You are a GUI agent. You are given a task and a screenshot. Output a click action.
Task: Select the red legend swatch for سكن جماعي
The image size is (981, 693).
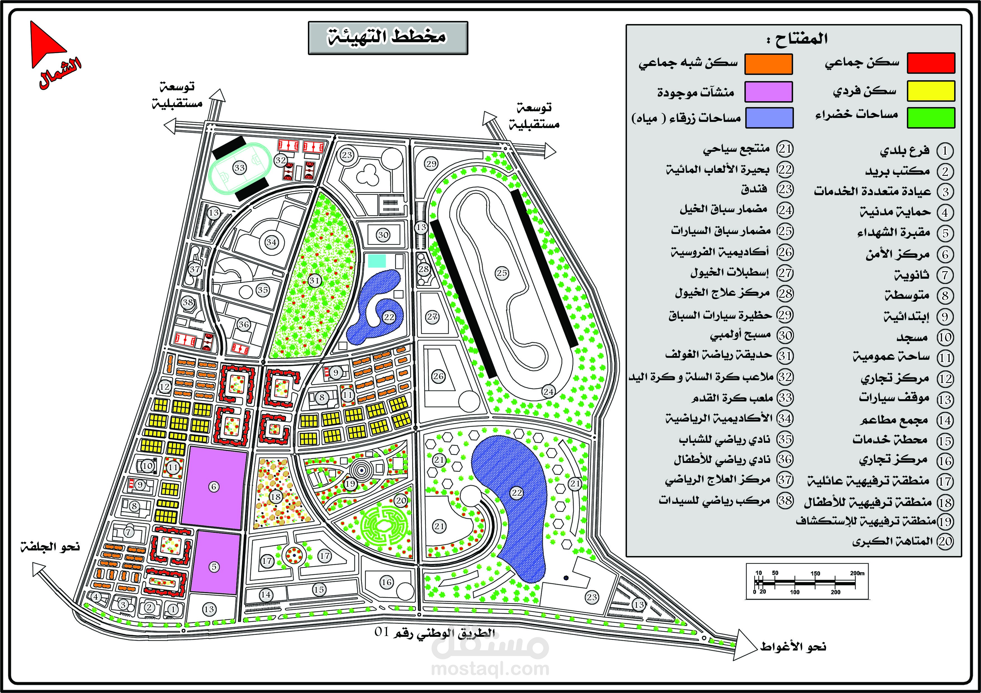click(931, 63)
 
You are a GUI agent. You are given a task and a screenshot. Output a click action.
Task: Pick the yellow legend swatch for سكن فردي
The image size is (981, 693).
click(931, 91)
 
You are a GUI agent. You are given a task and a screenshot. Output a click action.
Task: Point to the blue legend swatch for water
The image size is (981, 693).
click(769, 118)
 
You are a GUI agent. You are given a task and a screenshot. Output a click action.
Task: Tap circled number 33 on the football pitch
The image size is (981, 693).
click(239, 168)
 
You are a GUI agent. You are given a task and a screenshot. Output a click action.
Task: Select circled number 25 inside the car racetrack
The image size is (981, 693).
click(502, 273)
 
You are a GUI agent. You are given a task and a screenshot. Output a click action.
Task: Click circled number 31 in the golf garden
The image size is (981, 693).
click(315, 281)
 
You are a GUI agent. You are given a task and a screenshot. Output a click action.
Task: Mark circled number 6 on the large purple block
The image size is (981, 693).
click(214, 486)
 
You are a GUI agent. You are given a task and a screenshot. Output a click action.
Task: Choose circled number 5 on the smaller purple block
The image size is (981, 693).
click(214, 567)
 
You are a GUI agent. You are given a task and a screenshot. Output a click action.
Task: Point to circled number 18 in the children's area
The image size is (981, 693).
click(275, 496)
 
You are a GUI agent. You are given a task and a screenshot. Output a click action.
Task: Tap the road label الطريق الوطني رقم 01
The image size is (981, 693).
click(435, 632)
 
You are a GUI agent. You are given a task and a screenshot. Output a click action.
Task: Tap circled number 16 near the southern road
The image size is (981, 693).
click(387, 582)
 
